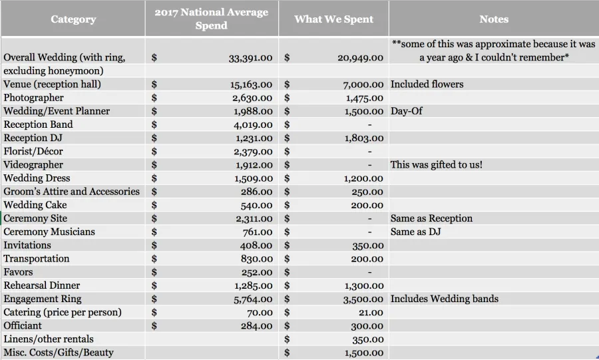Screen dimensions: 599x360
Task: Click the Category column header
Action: click(x=73, y=19)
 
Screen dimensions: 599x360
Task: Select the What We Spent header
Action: click(x=333, y=19)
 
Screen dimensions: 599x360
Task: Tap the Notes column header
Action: click(x=494, y=19)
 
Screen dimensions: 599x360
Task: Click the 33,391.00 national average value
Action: click(x=251, y=58)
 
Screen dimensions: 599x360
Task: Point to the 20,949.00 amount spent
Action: click(x=360, y=58)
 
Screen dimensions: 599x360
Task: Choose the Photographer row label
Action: click(x=34, y=98)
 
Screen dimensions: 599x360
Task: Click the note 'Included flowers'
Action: click(x=427, y=84)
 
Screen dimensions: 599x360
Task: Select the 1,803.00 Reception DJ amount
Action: click(x=364, y=138)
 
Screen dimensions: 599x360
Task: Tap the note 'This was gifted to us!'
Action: click(x=436, y=164)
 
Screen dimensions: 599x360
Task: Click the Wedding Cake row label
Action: click(x=35, y=205)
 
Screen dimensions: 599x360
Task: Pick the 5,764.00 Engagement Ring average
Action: click(x=254, y=299)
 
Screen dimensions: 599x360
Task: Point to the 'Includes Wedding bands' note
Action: click(x=445, y=299)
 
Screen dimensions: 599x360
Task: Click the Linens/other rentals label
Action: click(x=49, y=339)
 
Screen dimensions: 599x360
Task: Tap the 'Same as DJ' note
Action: click(x=415, y=232)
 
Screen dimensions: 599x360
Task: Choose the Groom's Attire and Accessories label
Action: click(x=71, y=191)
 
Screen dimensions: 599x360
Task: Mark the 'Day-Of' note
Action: click(x=407, y=111)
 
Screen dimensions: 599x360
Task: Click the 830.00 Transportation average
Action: click(x=257, y=259)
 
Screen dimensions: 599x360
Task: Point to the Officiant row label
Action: click(x=23, y=325)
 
